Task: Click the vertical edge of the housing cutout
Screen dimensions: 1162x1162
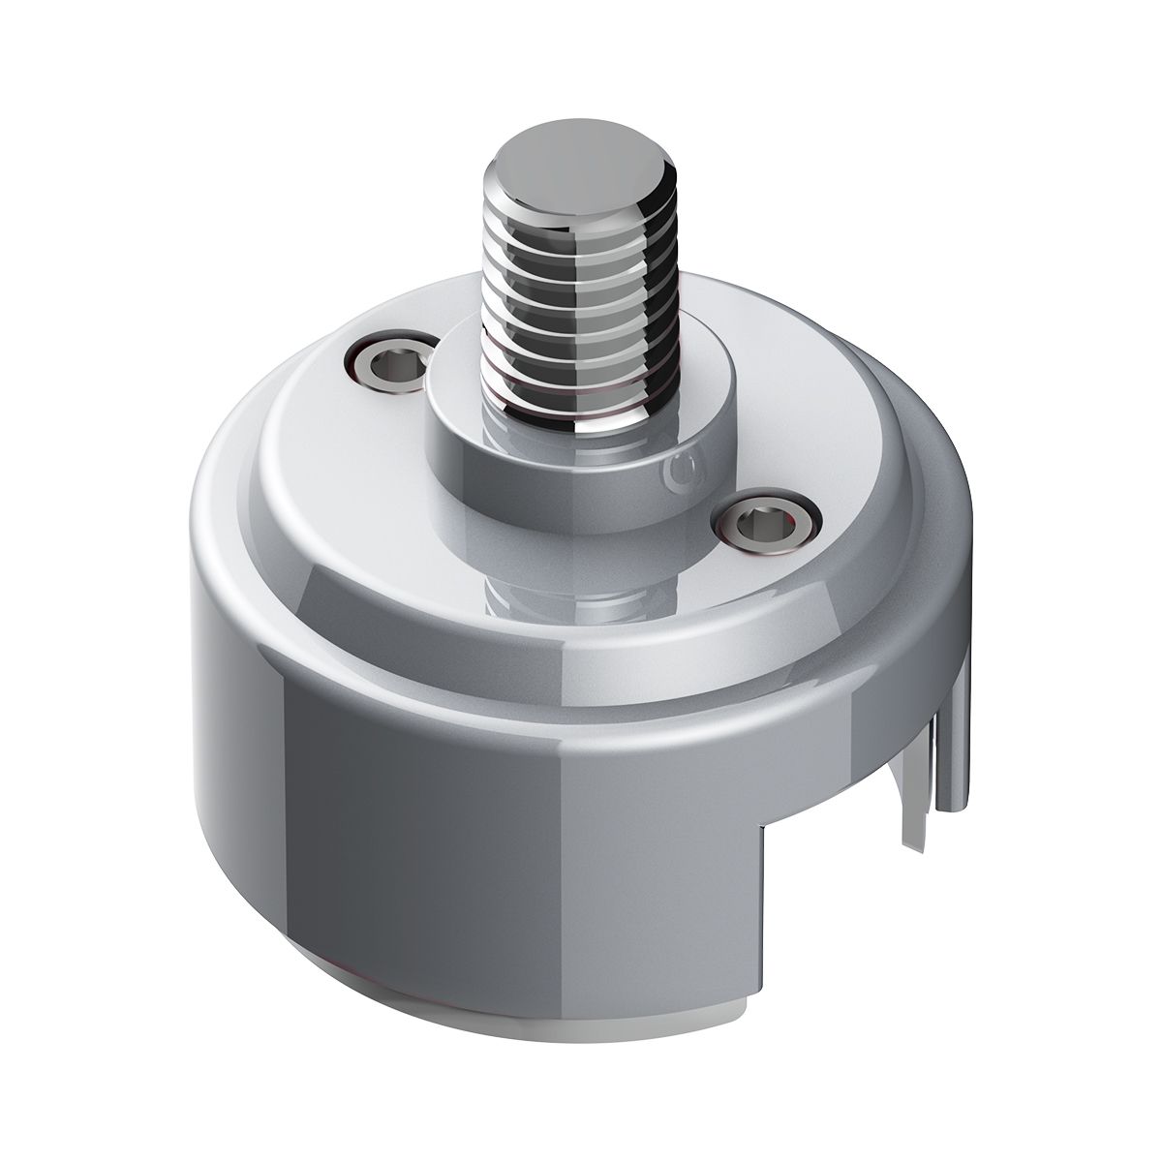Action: point(755,910)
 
